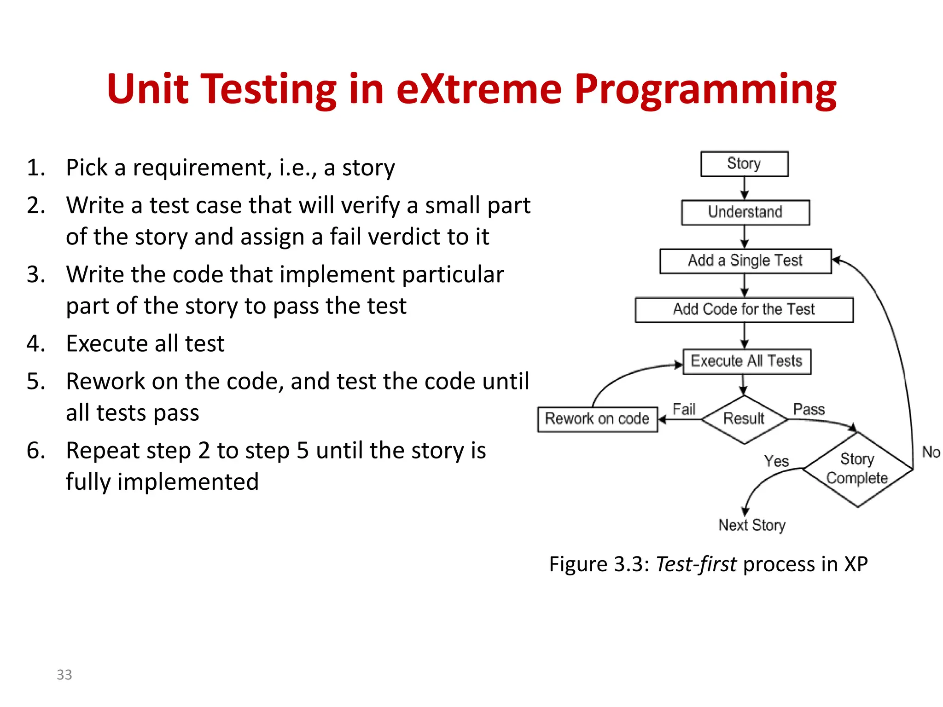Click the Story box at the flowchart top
point(744,164)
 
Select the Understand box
point(745,212)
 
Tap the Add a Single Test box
point(745,261)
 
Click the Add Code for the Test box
point(744,310)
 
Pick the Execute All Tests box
point(746,361)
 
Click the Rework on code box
point(597,419)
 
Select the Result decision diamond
point(744,419)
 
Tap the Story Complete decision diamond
point(857,469)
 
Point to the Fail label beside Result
point(684,409)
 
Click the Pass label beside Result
point(809,409)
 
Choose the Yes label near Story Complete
point(776,461)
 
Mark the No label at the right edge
point(931,452)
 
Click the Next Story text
point(752,525)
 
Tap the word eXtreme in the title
point(479,89)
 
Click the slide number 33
point(64,675)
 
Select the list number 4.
point(36,344)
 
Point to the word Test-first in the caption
point(696,564)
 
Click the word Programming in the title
point(705,89)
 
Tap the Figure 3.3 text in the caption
point(598,564)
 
